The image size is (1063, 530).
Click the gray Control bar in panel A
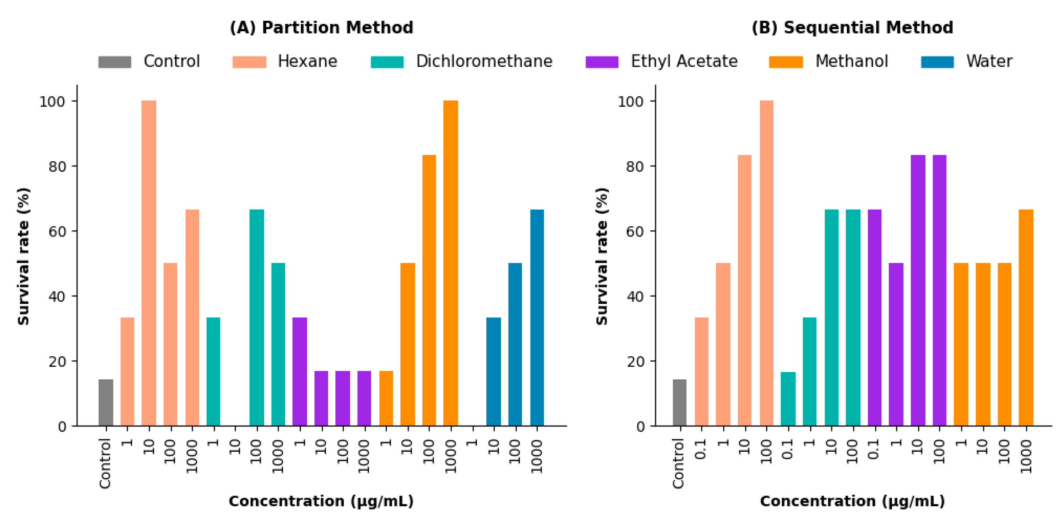105,403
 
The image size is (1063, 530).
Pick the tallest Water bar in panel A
537,317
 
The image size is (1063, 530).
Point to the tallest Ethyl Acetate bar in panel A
300,372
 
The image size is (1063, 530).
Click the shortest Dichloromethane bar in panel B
788,399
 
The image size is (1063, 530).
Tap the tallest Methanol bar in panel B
1026,317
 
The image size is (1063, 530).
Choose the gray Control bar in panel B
680,403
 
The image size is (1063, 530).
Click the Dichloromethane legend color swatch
387,62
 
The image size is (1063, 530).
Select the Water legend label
989,61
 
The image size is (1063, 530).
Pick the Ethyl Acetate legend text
684,61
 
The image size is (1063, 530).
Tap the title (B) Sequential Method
852,28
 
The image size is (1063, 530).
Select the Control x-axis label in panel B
679,463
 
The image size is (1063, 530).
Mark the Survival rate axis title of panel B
602,256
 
